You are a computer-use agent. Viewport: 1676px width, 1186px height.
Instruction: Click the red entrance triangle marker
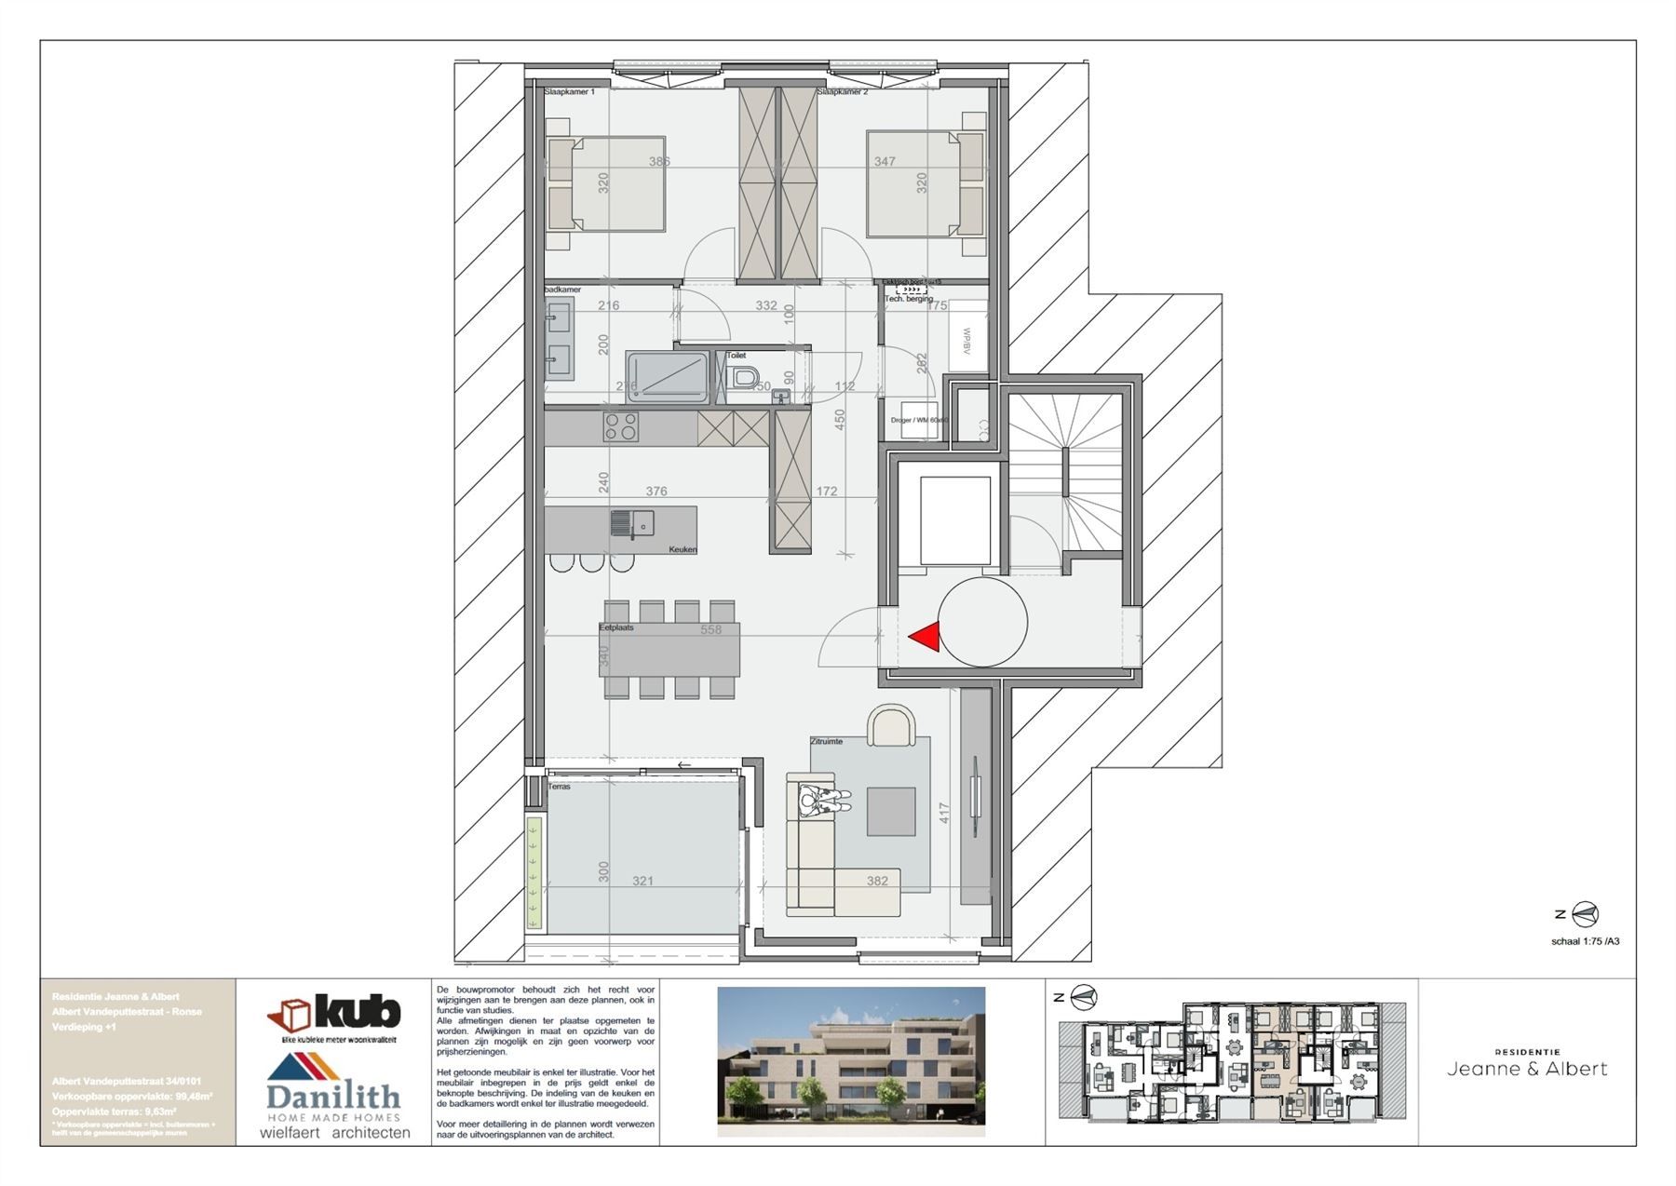[925, 637]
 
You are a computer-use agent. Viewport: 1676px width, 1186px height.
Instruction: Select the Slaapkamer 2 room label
[842, 92]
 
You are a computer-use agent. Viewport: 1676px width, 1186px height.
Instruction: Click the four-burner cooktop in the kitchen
[620, 426]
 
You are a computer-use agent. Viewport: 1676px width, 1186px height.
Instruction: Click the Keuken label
[682, 549]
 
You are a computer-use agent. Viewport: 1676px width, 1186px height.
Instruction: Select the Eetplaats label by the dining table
[615, 627]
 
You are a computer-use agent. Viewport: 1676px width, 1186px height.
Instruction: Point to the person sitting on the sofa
[824, 799]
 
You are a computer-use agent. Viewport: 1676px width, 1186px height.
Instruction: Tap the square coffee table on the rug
[890, 811]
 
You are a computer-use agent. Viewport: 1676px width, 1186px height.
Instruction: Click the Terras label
[559, 787]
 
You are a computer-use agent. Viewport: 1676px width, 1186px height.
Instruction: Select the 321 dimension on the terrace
[642, 881]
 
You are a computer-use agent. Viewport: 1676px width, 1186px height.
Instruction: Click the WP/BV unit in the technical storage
[966, 336]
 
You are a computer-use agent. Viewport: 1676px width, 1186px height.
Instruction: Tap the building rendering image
[850, 1061]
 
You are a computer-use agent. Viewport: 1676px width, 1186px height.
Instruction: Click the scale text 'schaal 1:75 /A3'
[1585, 941]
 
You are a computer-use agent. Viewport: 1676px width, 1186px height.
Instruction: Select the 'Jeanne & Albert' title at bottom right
[1527, 1069]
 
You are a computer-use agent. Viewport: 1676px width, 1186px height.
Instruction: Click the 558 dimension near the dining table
[710, 630]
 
